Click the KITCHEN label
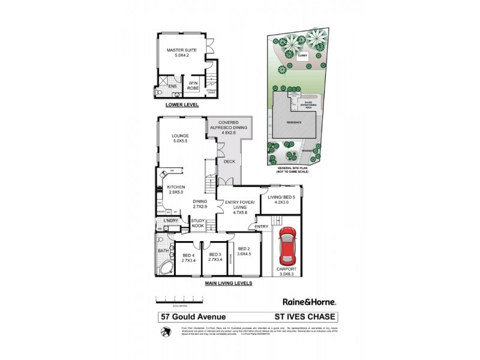click(176, 190)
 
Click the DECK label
click(230, 161)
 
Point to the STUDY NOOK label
click(198, 224)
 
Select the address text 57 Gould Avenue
click(188, 317)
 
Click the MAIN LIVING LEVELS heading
click(228, 283)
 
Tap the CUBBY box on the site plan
click(303, 56)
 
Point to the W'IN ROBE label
click(193, 85)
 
